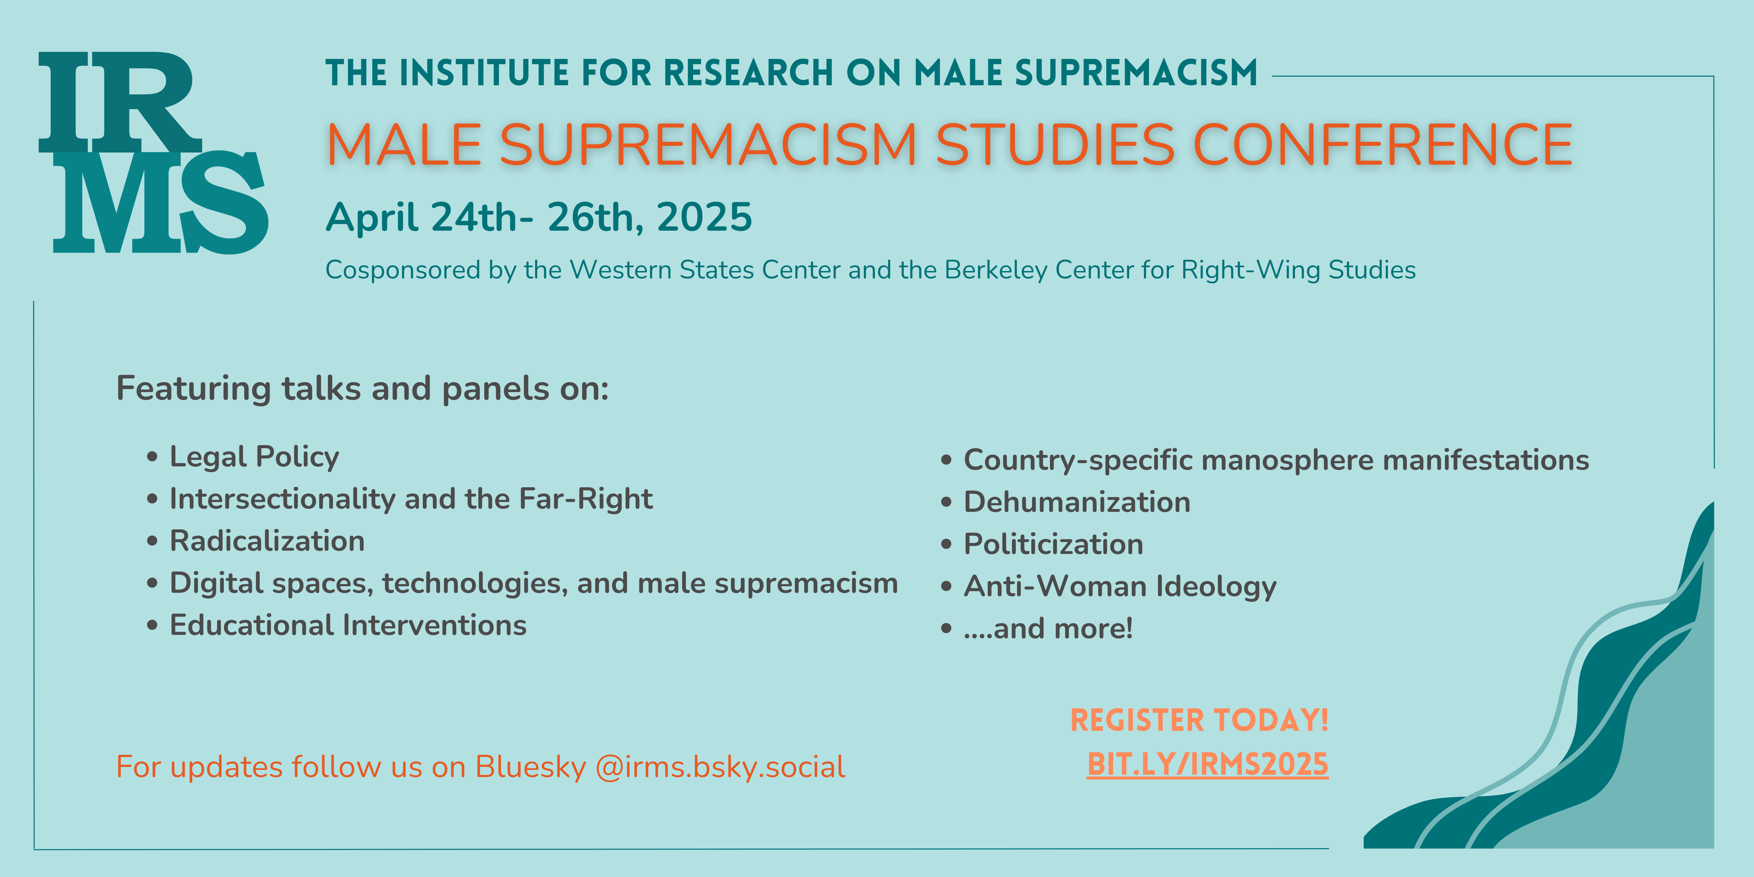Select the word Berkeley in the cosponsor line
tap(996, 270)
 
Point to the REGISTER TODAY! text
tap(1199, 720)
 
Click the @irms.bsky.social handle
tap(720, 767)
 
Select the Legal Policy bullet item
tap(254, 457)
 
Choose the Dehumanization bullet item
tap(1077, 502)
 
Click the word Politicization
tap(1053, 544)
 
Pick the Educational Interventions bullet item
tap(348, 625)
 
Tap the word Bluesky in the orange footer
tap(530, 767)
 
